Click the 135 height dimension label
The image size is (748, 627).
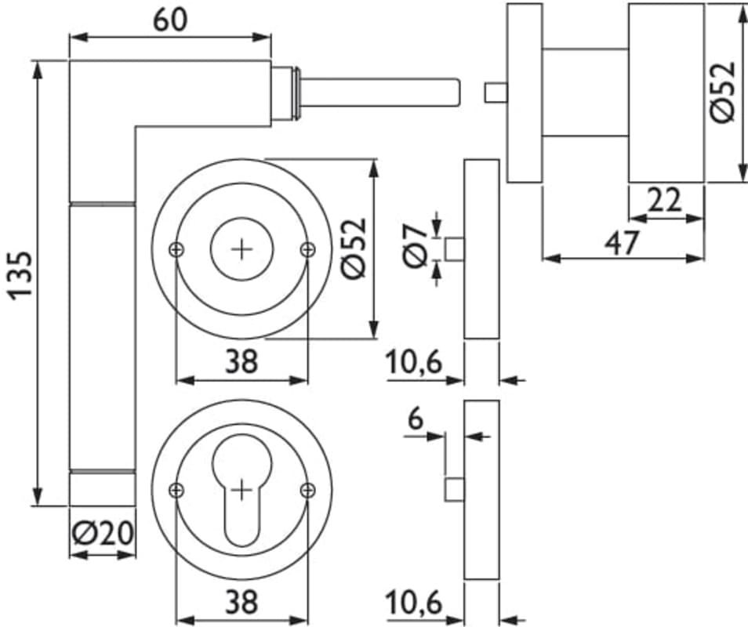click(20, 274)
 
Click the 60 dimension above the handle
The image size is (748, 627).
click(170, 20)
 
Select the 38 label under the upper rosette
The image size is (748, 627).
click(241, 362)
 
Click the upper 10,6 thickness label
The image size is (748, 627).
click(415, 363)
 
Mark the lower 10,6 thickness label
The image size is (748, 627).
click(415, 603)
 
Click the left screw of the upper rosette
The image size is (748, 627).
click(176, 249)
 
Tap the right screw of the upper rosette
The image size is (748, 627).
click(307, 249)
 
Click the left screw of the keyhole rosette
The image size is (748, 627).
click(176, 490)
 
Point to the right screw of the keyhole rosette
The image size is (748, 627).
click(307, 490)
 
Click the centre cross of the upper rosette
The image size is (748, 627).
click(241, 249)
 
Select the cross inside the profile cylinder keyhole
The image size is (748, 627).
click(241, 490)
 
